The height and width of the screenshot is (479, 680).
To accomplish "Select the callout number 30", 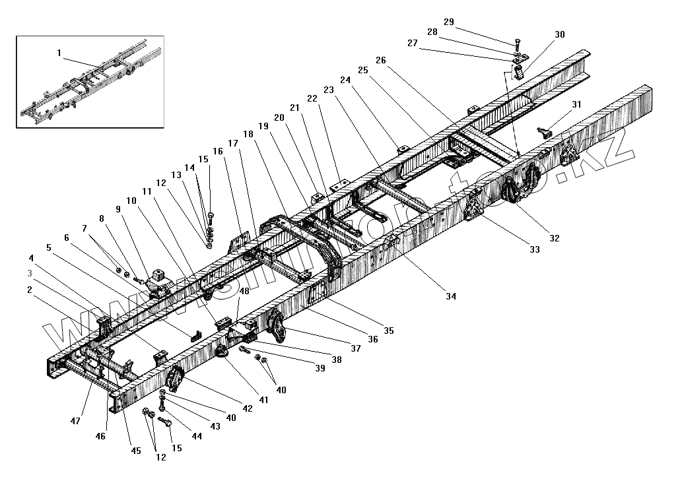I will [560, 34].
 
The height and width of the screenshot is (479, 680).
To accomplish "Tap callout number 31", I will [576, 104].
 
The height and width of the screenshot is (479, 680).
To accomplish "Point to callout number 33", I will [533, 249].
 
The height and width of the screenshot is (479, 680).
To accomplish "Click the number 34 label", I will [450, 297].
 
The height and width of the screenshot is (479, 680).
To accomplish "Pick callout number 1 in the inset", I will [59, 51].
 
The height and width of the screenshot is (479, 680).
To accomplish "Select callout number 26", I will [380, 60].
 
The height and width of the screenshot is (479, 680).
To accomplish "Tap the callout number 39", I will [320, 369].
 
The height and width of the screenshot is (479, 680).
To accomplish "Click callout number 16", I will [217, 152].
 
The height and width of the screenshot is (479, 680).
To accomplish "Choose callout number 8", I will [102, 218].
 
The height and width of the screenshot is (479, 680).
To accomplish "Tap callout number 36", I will [374, 339].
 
